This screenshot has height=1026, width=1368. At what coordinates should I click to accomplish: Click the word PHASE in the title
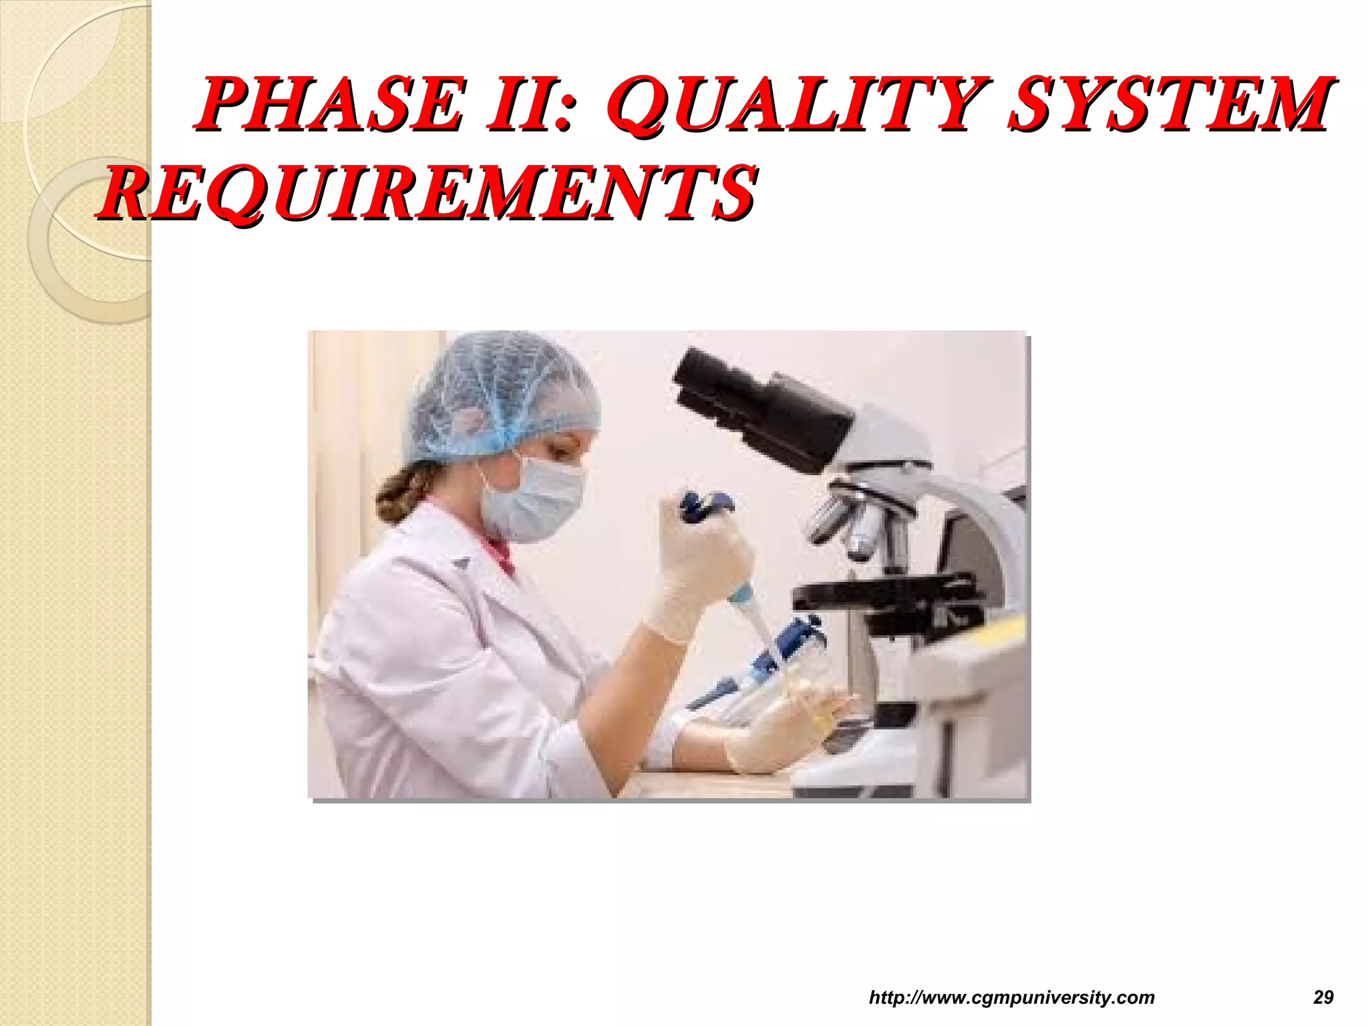(327, 105)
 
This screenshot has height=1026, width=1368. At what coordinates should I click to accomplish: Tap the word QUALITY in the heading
(795, 105)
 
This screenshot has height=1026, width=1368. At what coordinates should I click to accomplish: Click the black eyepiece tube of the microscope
(761, 407)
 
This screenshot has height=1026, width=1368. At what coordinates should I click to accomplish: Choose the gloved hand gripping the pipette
(695, 568)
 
